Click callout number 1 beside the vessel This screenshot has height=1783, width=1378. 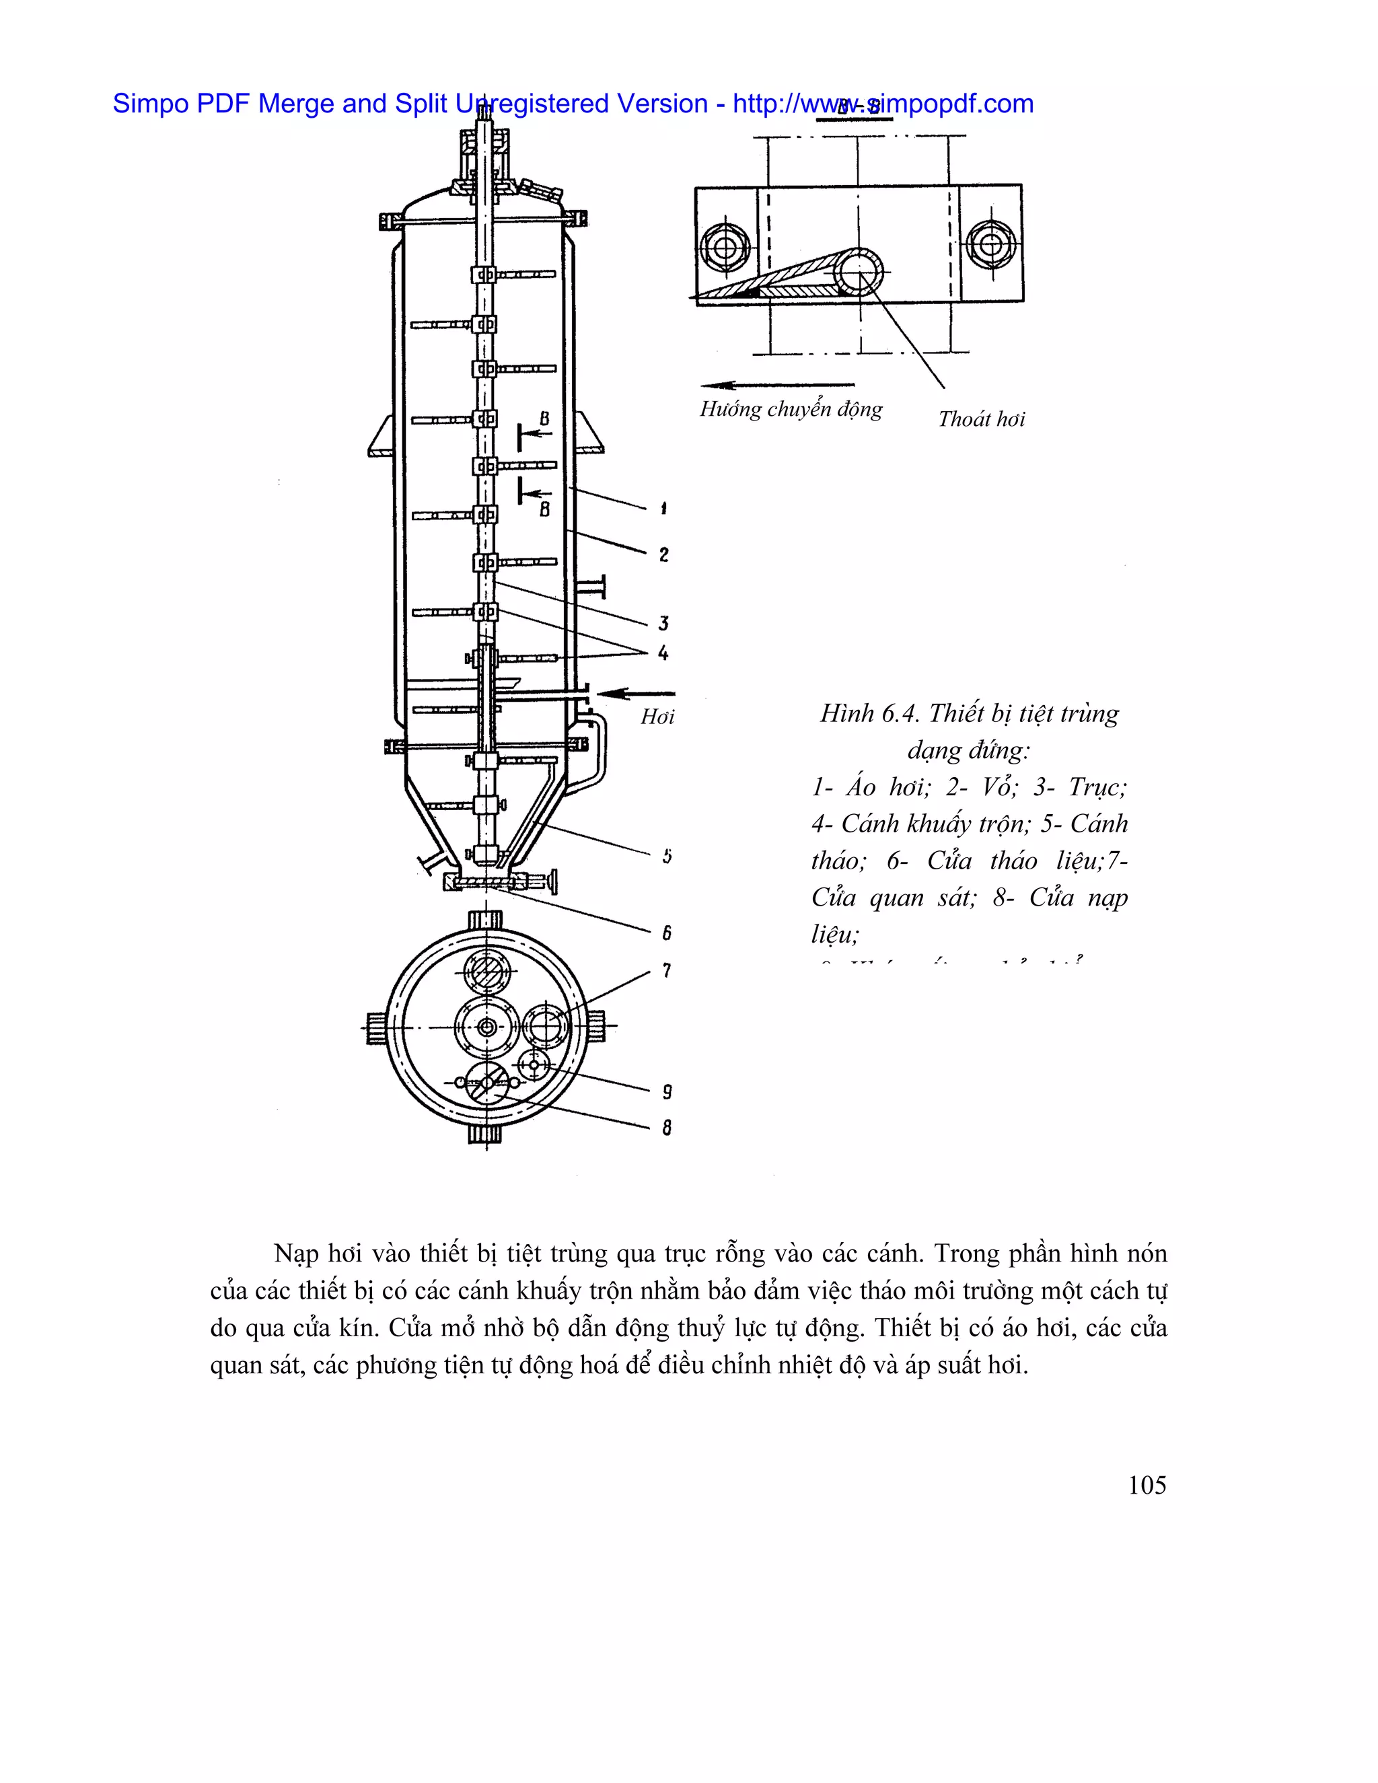(663, 509)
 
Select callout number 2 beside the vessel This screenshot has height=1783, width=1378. (663, 555)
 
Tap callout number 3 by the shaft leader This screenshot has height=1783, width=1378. (663, 624)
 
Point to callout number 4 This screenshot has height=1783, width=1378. (663, 653)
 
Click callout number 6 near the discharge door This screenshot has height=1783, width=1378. (667, 933)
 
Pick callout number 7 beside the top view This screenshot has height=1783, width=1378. (667, 971)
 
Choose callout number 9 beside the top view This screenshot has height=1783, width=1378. (667, 1092)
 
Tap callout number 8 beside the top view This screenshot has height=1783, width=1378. (667, 1128)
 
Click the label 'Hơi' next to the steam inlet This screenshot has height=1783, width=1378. (657, 717)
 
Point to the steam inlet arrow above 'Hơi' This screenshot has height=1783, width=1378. (624, 693)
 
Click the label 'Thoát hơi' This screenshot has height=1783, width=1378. (980, 420)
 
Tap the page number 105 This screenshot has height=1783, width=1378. (1147, 1485)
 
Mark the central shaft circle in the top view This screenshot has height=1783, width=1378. (487, 1027)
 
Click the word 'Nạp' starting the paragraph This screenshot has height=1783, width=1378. (295, 1253)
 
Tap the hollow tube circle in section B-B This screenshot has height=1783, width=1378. (858, 270)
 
